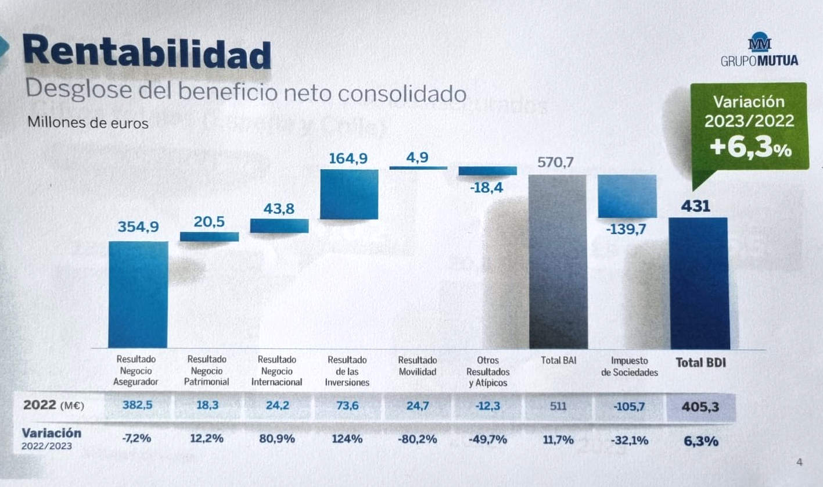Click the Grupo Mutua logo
click(x=759, y=52)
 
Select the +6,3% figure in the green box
click(x=750, y=148)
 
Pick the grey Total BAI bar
click(x=558, y=261)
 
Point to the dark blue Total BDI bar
click(x=699, y=283)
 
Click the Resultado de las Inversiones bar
click(x=349, y=194)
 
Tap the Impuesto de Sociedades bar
click(x=627, y=196)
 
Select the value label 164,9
click(x=348, y=157)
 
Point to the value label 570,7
click(x=555, y=163)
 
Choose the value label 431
click(x=695, y=206)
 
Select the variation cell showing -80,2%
click(x=417, y=439)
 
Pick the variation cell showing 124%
click(x=347, y=439)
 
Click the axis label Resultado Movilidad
click(x=418, y=366)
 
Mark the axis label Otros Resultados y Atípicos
click(x=487, y=371)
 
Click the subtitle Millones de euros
click(x=87, y=123)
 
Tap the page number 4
click(x=799, y=463)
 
